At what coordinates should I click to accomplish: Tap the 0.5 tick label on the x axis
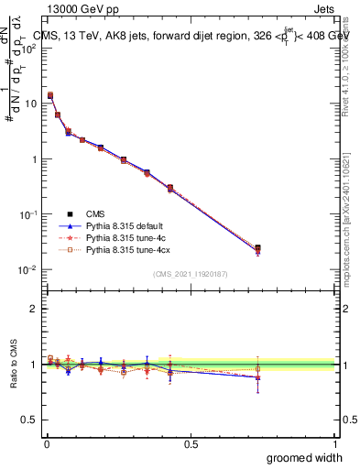[191, 445]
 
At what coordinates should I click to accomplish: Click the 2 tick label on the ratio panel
[33, 309]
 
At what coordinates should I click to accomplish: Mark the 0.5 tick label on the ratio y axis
[29, 420]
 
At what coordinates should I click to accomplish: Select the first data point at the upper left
[50, 95]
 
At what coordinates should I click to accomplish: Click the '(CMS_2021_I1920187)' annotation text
[190, 273]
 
